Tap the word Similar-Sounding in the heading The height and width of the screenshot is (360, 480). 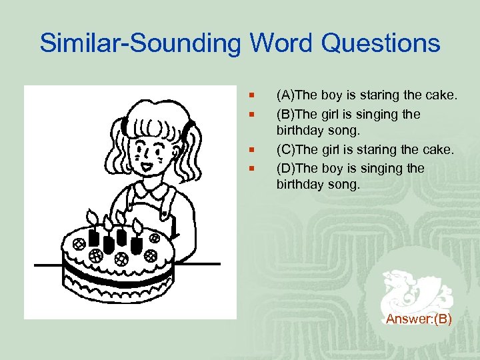141,44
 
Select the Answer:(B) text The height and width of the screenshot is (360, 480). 419,319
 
